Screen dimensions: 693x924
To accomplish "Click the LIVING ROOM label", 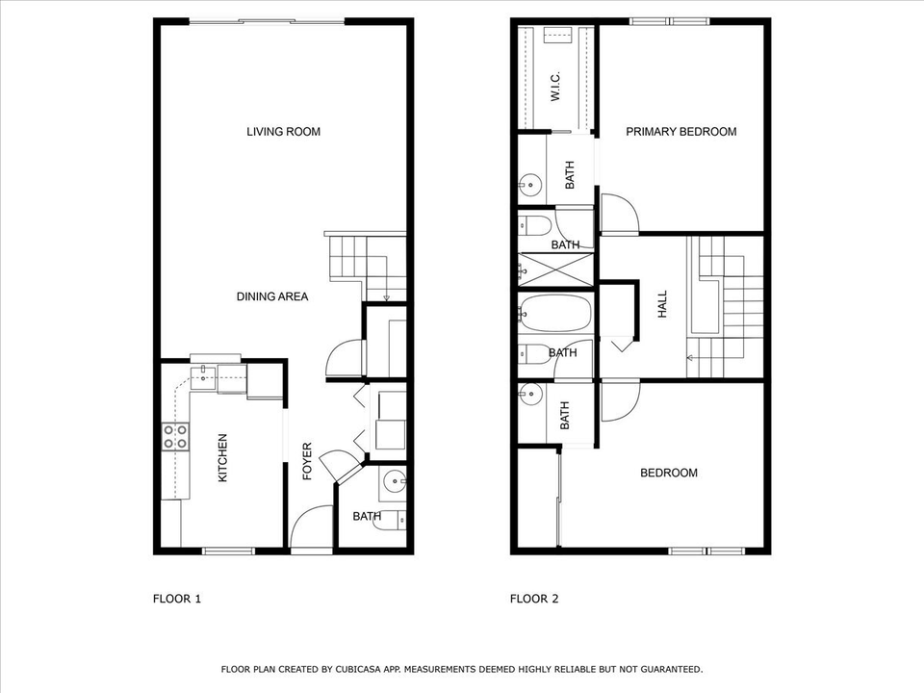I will click(x=283, y=132).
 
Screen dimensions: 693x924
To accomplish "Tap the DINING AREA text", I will click(x=272, y=296).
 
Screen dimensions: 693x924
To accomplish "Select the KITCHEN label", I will click(x=223, y=458).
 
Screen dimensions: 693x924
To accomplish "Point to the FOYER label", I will click(x=308, y=462).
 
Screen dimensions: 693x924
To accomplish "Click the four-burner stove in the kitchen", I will click(x=174, y=437).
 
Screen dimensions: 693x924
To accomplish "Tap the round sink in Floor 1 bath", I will click(x=394, y=480).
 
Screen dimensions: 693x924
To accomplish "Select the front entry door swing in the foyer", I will click(x=310, y=528).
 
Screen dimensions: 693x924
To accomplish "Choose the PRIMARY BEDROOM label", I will click(x=680, y=132).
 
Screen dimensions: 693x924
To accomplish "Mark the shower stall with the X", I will click(x=555, y=269).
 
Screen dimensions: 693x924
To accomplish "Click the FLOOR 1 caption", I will click(x=177, y=599).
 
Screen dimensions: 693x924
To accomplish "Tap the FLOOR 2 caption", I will click(x=533, y=599).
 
